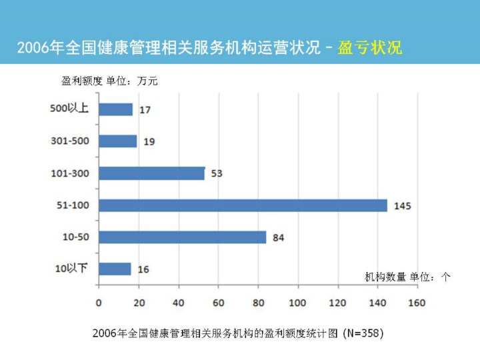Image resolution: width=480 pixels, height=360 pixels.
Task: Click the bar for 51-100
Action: coord(243,205)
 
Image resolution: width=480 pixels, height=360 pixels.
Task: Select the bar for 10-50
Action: coord(182,237)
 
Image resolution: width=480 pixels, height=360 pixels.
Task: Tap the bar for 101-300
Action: coord(151,173)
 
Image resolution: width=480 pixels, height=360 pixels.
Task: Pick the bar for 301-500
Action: coord(117,141)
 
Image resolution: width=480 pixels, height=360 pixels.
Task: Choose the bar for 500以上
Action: coord(115,109)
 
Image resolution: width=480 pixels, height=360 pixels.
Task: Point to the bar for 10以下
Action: coord(115,269)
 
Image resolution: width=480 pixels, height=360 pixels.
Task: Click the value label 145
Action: coord(403,206)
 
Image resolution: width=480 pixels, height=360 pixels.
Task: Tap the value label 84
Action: coord(279,238)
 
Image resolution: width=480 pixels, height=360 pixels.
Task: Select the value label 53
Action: coord(217,174)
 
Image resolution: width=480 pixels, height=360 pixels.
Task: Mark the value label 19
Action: coord(149,142)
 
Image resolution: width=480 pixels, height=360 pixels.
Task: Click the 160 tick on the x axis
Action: coord(417,303)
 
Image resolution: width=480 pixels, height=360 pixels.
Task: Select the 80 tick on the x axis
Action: coord(257,303)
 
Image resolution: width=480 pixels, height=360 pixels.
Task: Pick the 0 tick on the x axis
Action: coord(99,303)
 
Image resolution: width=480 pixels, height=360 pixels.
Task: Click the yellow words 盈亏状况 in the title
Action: coord(370,49)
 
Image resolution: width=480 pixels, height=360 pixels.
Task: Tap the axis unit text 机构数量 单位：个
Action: coord(407,277)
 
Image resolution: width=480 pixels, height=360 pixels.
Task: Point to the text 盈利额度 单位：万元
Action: coord(110,82)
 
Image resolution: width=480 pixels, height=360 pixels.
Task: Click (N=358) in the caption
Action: coord(363,332)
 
